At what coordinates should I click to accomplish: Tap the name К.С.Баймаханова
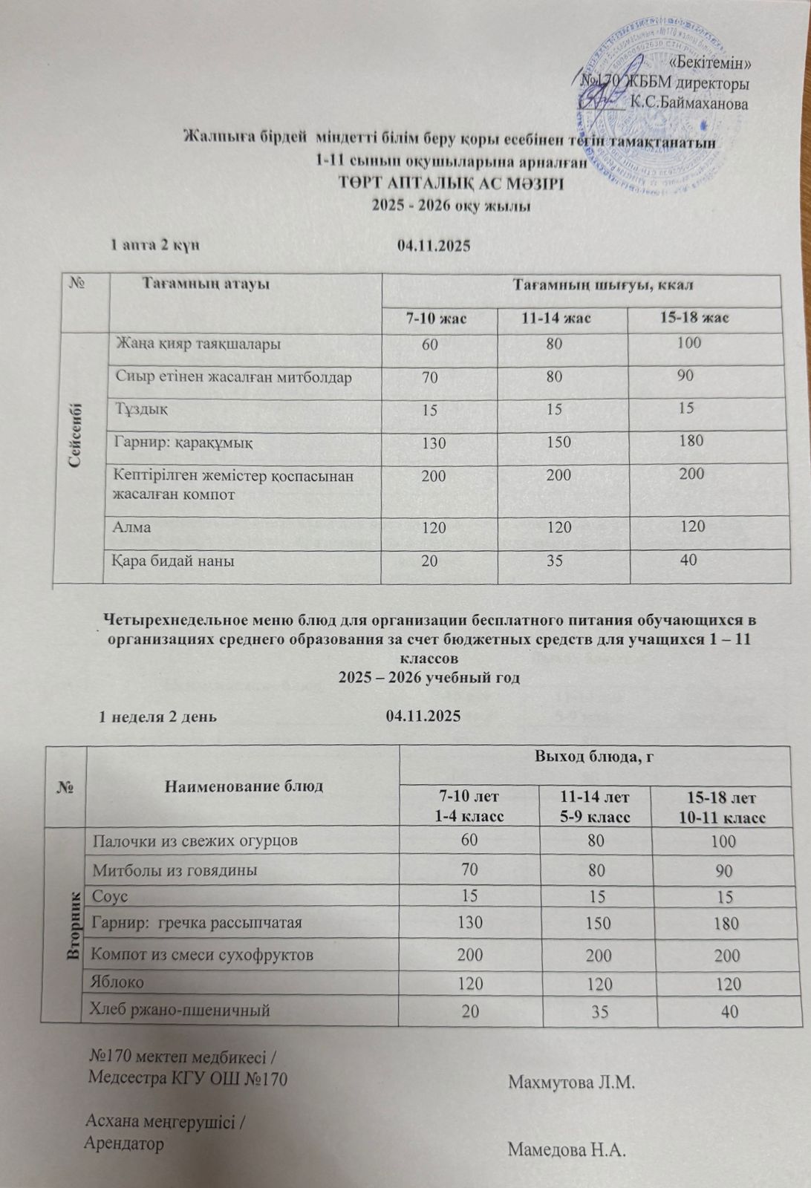coord(688,103)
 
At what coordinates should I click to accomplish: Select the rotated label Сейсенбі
coord(76,435)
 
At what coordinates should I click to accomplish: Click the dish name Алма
coord(133,527)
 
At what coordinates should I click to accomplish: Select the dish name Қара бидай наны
coord(175,561)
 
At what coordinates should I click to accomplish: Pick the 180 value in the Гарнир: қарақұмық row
coord(691,440)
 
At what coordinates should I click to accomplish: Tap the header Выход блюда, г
coord(598,757)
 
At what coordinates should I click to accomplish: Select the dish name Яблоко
coord(117,982)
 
